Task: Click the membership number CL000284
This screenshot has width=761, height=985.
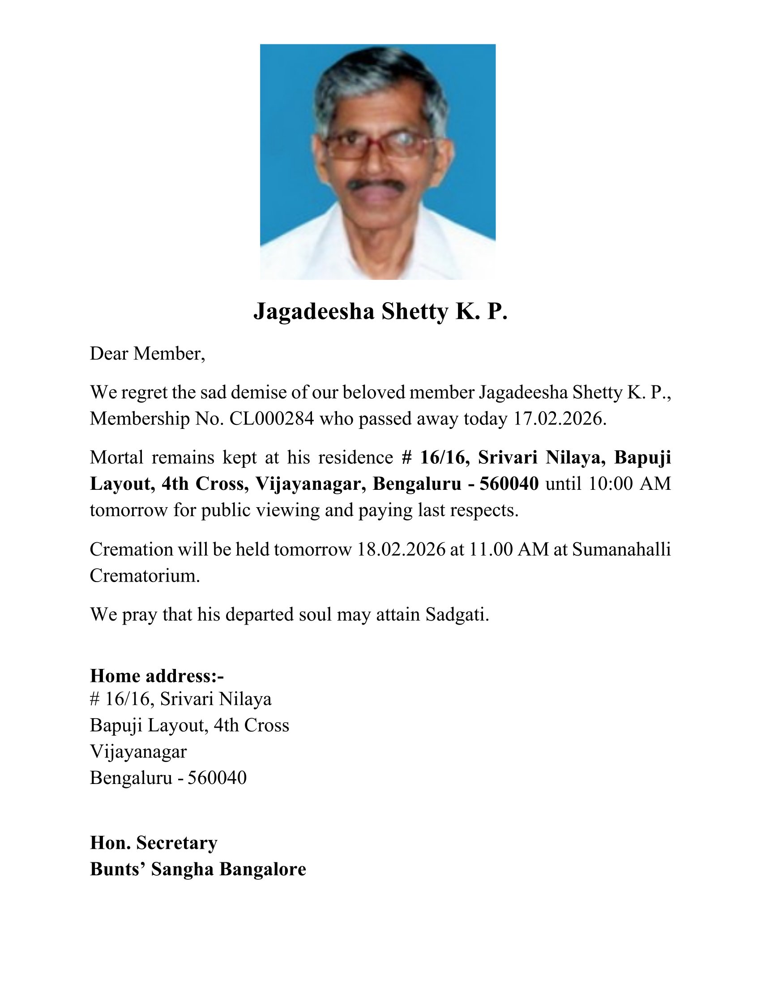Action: coord(271,419)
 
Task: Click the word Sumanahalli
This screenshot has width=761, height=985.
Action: coord(621,549)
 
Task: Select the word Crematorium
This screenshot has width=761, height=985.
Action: coord(144,575)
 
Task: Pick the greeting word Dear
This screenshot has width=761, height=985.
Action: coord(109,354)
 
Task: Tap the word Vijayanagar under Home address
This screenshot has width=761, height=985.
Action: coord(138,752)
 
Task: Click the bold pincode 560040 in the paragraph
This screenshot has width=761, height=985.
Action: coord(509,484)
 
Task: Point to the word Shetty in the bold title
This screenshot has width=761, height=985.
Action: coord(415,311)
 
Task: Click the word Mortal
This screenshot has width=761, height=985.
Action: coord(117,458)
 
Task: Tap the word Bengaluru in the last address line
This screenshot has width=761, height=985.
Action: coord(131,778)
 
